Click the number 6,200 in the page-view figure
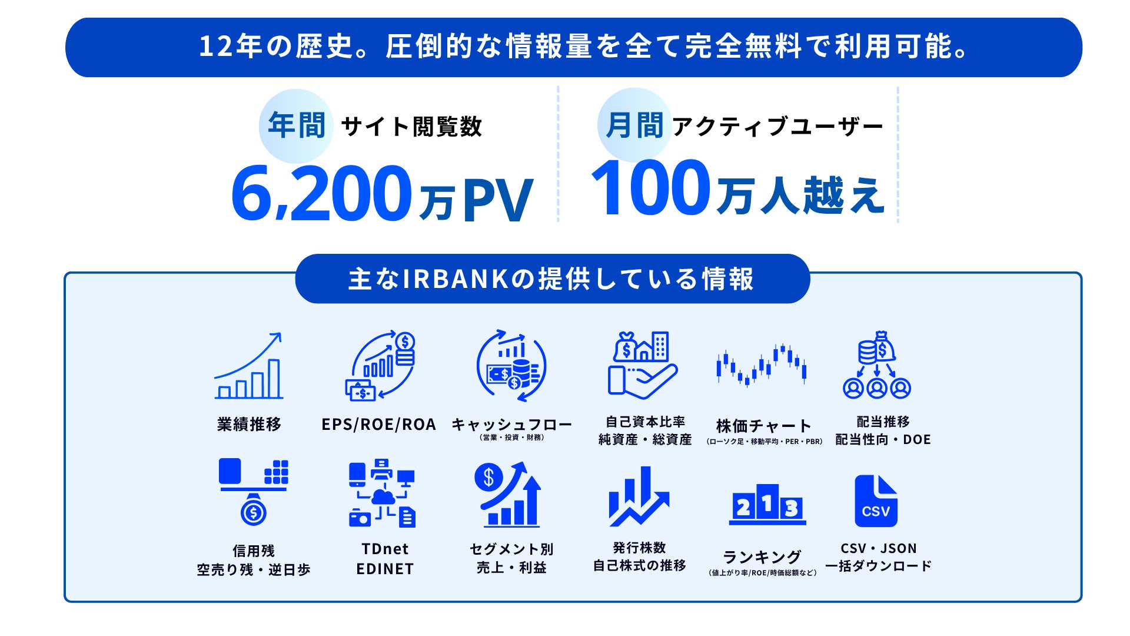click(x=321, y=193)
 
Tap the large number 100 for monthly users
click(x=650, y=188)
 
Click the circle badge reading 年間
click(x=296, y=126)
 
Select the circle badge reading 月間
click(x=634, y=125)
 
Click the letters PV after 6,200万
click(x=498, y=200)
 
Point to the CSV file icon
click(x=876, y=501)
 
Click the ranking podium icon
click(x=767, y=504)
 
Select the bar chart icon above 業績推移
click(x=248, y=366)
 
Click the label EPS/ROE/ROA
click(x=378, y=425)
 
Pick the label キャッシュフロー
click(x=511, y=425)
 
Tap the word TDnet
click(x=385, y=549)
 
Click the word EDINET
click(x=385, y=569)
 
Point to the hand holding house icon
click(x=643, y=365)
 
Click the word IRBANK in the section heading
click(x=455, y=279)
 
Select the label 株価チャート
click(x=763, y=425)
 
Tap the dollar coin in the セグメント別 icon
click(x=488, y=477)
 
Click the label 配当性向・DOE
click(x=883, y=440)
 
